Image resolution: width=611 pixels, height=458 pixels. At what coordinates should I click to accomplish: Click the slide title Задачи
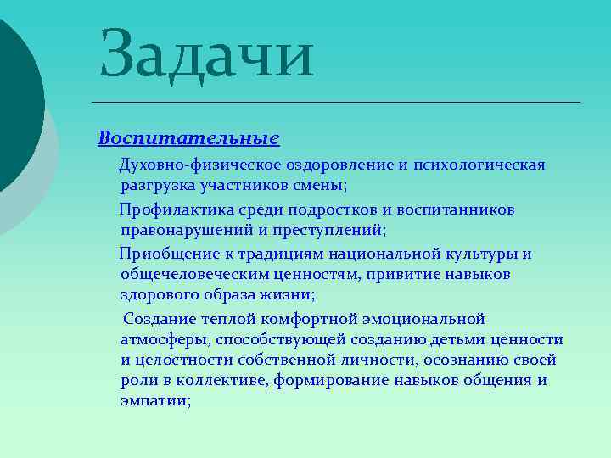[206, 54]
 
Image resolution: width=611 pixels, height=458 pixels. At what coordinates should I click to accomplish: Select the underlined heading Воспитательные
[188, 137]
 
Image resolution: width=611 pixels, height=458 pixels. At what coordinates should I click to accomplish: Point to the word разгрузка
[158, 184]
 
